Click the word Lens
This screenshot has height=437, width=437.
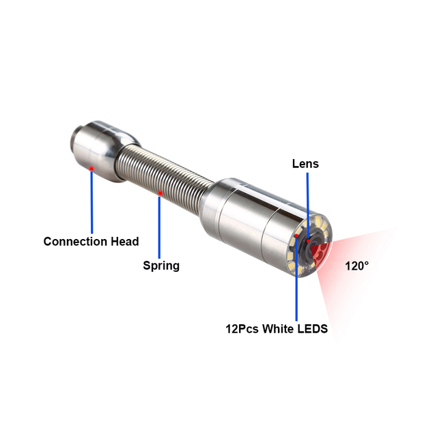pyautogui.click(x=305, y=164)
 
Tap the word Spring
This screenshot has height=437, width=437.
pyautogui.click(x=161, y=266)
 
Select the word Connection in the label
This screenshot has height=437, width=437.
pyautogui.click(x=75, y=241)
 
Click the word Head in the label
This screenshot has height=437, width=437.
pyautogui.click(x=125, y=241)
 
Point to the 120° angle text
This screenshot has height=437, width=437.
pyautogui.click(x=356, y=266)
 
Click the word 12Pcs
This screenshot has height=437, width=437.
pyautogui.click(x=242, y=329)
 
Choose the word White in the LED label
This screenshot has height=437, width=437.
pyautogui.click(x=278, y=329)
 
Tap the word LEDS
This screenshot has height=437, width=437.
pyautogui.click(x=313, y=329)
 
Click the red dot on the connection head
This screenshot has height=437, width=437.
pyautogui.click(x=91, y=169)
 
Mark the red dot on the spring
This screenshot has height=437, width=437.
pyautogui.click(x=160, y=193)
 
